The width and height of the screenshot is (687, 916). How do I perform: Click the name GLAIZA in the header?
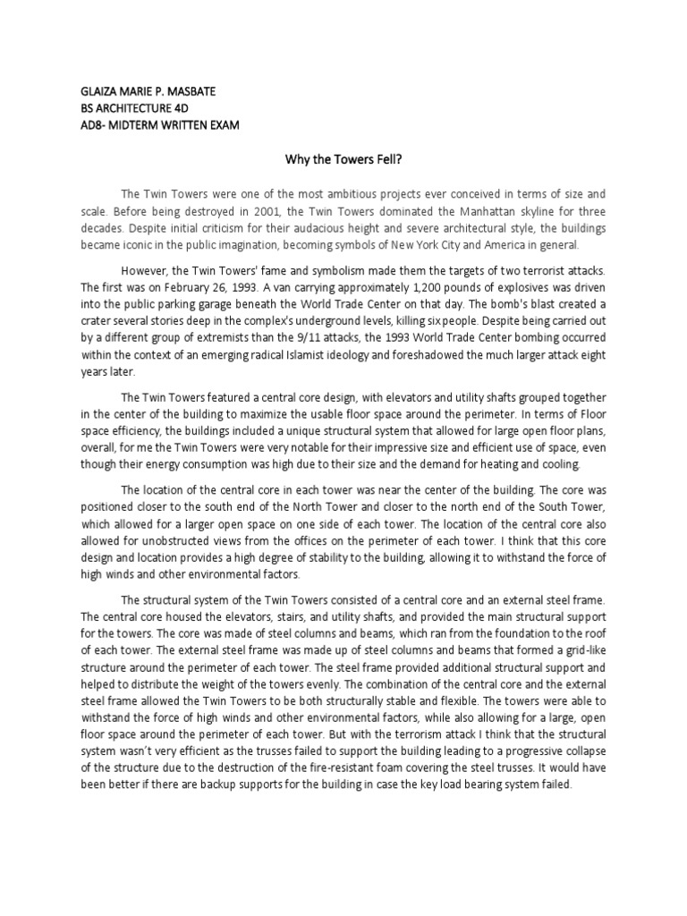[x=99, y=92]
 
